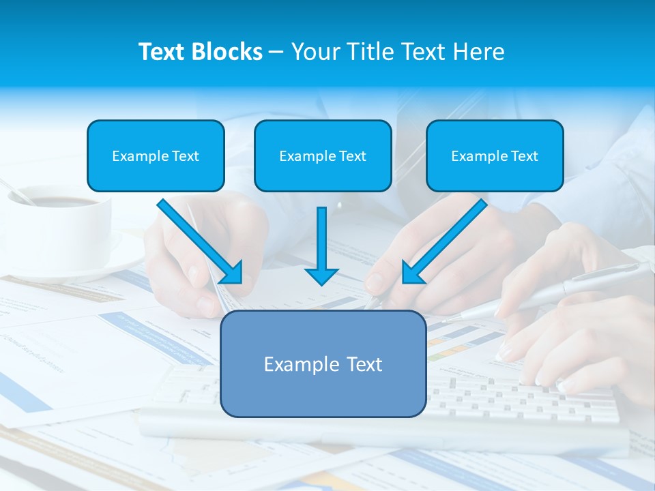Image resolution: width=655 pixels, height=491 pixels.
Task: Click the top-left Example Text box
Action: point(156,155)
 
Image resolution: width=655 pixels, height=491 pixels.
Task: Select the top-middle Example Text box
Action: point(323,155)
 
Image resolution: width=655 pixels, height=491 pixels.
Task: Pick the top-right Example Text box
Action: point(495,155)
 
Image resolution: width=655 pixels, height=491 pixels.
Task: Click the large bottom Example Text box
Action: point(323,363)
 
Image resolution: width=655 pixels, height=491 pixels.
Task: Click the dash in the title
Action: point(276,52)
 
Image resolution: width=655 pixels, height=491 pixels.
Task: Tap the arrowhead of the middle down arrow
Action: point(321,276)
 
